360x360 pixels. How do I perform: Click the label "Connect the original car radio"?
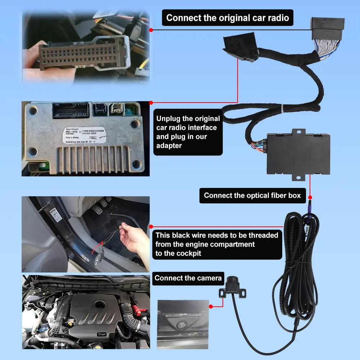[228, 18]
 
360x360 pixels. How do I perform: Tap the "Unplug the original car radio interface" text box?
[188, 132]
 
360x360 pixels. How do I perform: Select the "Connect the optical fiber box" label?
[252, 195]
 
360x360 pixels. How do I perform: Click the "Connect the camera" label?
[188, 278]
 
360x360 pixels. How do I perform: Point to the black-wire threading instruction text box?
[217, 244]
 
